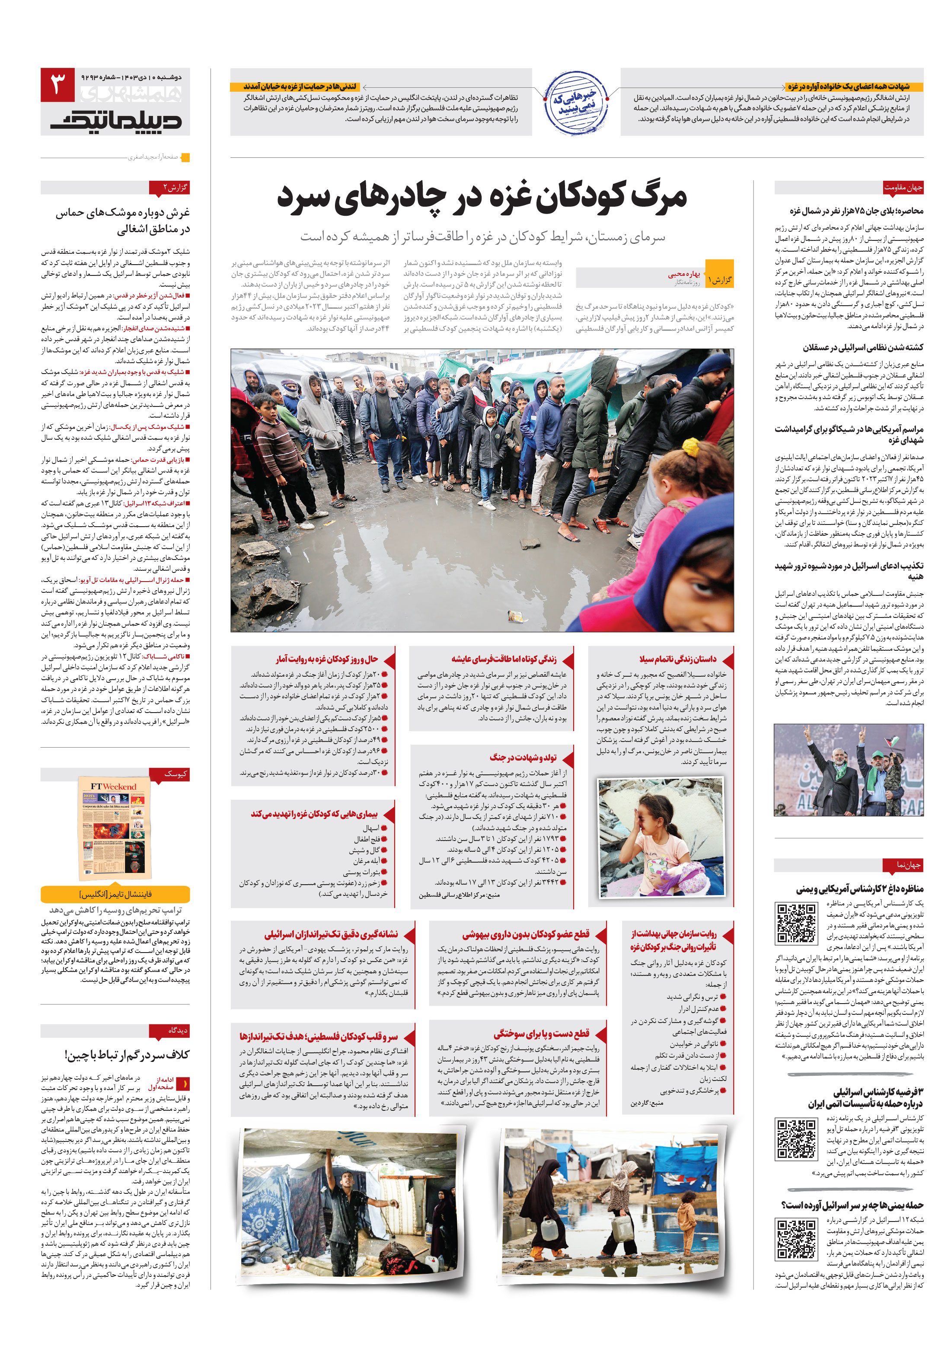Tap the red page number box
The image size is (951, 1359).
pyautogui.click(x=57, y=85)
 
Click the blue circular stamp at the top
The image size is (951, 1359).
pyautogui.click(x=576, y=103)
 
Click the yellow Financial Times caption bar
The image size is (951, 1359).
pyautogui.click(x=115, y=894)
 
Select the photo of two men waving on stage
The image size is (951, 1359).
pyautogui.click(x=848, y=770)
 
